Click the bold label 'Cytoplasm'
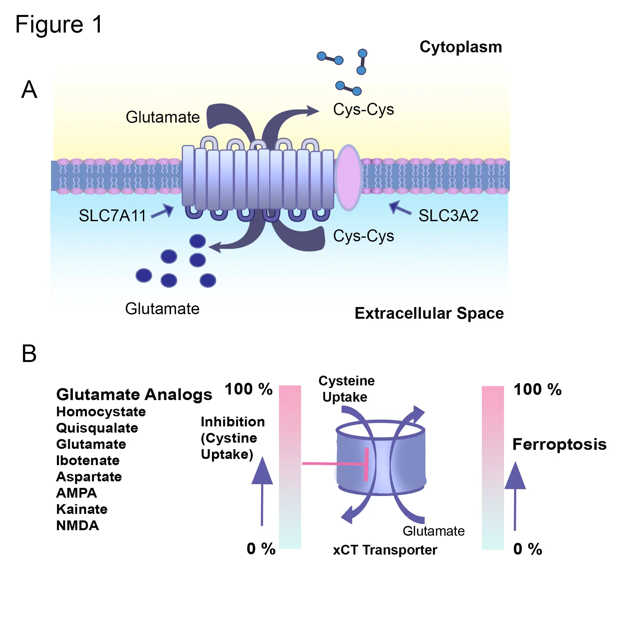(460, 47)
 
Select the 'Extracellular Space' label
(429, 313)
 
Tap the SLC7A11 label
(112, 216)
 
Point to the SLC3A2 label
(448, 216)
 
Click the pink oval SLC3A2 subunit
(349, 177)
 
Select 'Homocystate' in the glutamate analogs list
(101, 412)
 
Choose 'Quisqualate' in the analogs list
(97, 428)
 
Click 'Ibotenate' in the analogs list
(88, 461)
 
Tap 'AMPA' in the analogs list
(77, 493)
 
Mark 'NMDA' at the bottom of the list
(78, 526)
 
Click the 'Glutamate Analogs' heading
(134, 395)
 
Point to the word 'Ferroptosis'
(559, 444)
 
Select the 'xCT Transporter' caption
(385, 550)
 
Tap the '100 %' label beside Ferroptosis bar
(537, 389)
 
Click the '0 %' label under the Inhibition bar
(261, 549)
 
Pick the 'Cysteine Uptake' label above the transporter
(346, 389)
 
